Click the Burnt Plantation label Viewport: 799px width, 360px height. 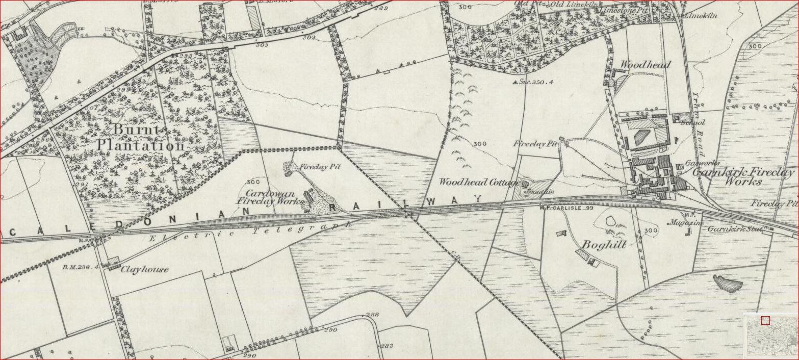(140, 138)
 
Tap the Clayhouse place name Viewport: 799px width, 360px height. (144, 269)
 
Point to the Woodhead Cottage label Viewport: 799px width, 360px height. (478, 182)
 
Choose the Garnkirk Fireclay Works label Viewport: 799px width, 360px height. (742, 176)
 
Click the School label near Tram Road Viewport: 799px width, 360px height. (696, 122)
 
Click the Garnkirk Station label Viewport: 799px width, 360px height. (734, 229)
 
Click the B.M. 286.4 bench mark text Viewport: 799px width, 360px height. (80, 267)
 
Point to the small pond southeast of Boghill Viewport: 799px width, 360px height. (726, 282)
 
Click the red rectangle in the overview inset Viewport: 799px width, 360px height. (765, 320)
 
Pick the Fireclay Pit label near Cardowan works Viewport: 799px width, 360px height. (320, 167)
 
